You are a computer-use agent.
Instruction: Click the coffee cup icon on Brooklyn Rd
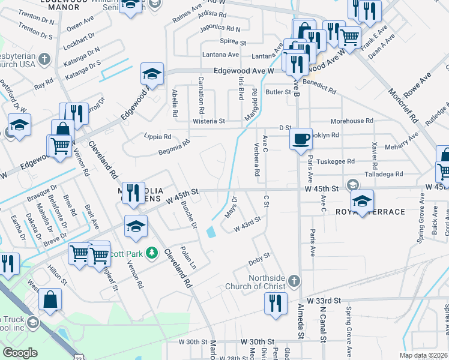(x=301, y=138)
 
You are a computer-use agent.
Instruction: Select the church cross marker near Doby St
(x=294, y=280)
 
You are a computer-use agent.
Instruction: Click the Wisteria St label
(x=208, y=121)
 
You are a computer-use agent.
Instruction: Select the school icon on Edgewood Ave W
(x=152, y=74)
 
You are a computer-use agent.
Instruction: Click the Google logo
(x=20, y=353)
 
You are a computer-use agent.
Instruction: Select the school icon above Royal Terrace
(x=363, y=200)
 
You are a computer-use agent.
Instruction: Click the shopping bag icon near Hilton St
(x=50, y=299)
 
